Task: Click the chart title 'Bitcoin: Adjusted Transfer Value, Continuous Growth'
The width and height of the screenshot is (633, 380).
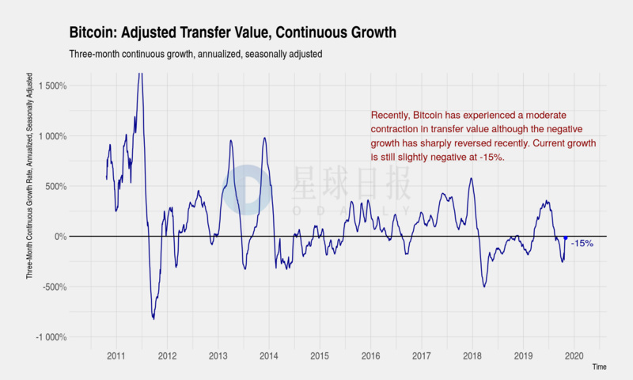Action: [233, 32]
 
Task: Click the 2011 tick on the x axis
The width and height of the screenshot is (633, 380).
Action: [116, 355]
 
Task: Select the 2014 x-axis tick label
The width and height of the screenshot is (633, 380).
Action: [269, 355]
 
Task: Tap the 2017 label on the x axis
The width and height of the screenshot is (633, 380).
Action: [422, 355]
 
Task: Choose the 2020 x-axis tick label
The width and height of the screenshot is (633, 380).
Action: [574, 355]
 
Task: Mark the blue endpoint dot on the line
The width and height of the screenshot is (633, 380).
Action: [565, 238]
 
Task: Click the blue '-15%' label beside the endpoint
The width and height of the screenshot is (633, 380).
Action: [582, 244]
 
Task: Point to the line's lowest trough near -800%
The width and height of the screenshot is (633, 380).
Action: [154, 318]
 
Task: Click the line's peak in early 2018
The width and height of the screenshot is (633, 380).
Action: [471, 178]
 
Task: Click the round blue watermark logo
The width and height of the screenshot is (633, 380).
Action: [245, 190]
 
